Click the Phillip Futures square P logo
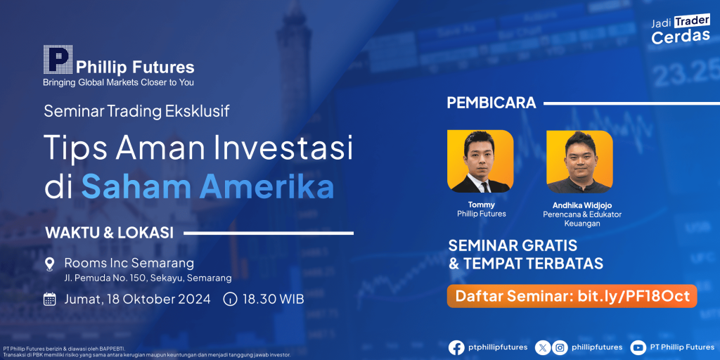pos(58,60)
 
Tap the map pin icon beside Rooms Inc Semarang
pos(50,264)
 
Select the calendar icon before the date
pos(50,300)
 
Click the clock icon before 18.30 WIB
pos(230,300)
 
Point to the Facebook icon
pos(456,347)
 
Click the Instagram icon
pos(559,347)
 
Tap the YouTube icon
pos(638,347)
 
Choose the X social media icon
pos(543,347)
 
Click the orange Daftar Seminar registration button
pos(572,296)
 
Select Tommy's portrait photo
pos(480,162)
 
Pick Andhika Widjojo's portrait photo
pos(580,162)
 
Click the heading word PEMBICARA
pos(491,103)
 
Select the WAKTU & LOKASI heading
pos(109,233)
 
